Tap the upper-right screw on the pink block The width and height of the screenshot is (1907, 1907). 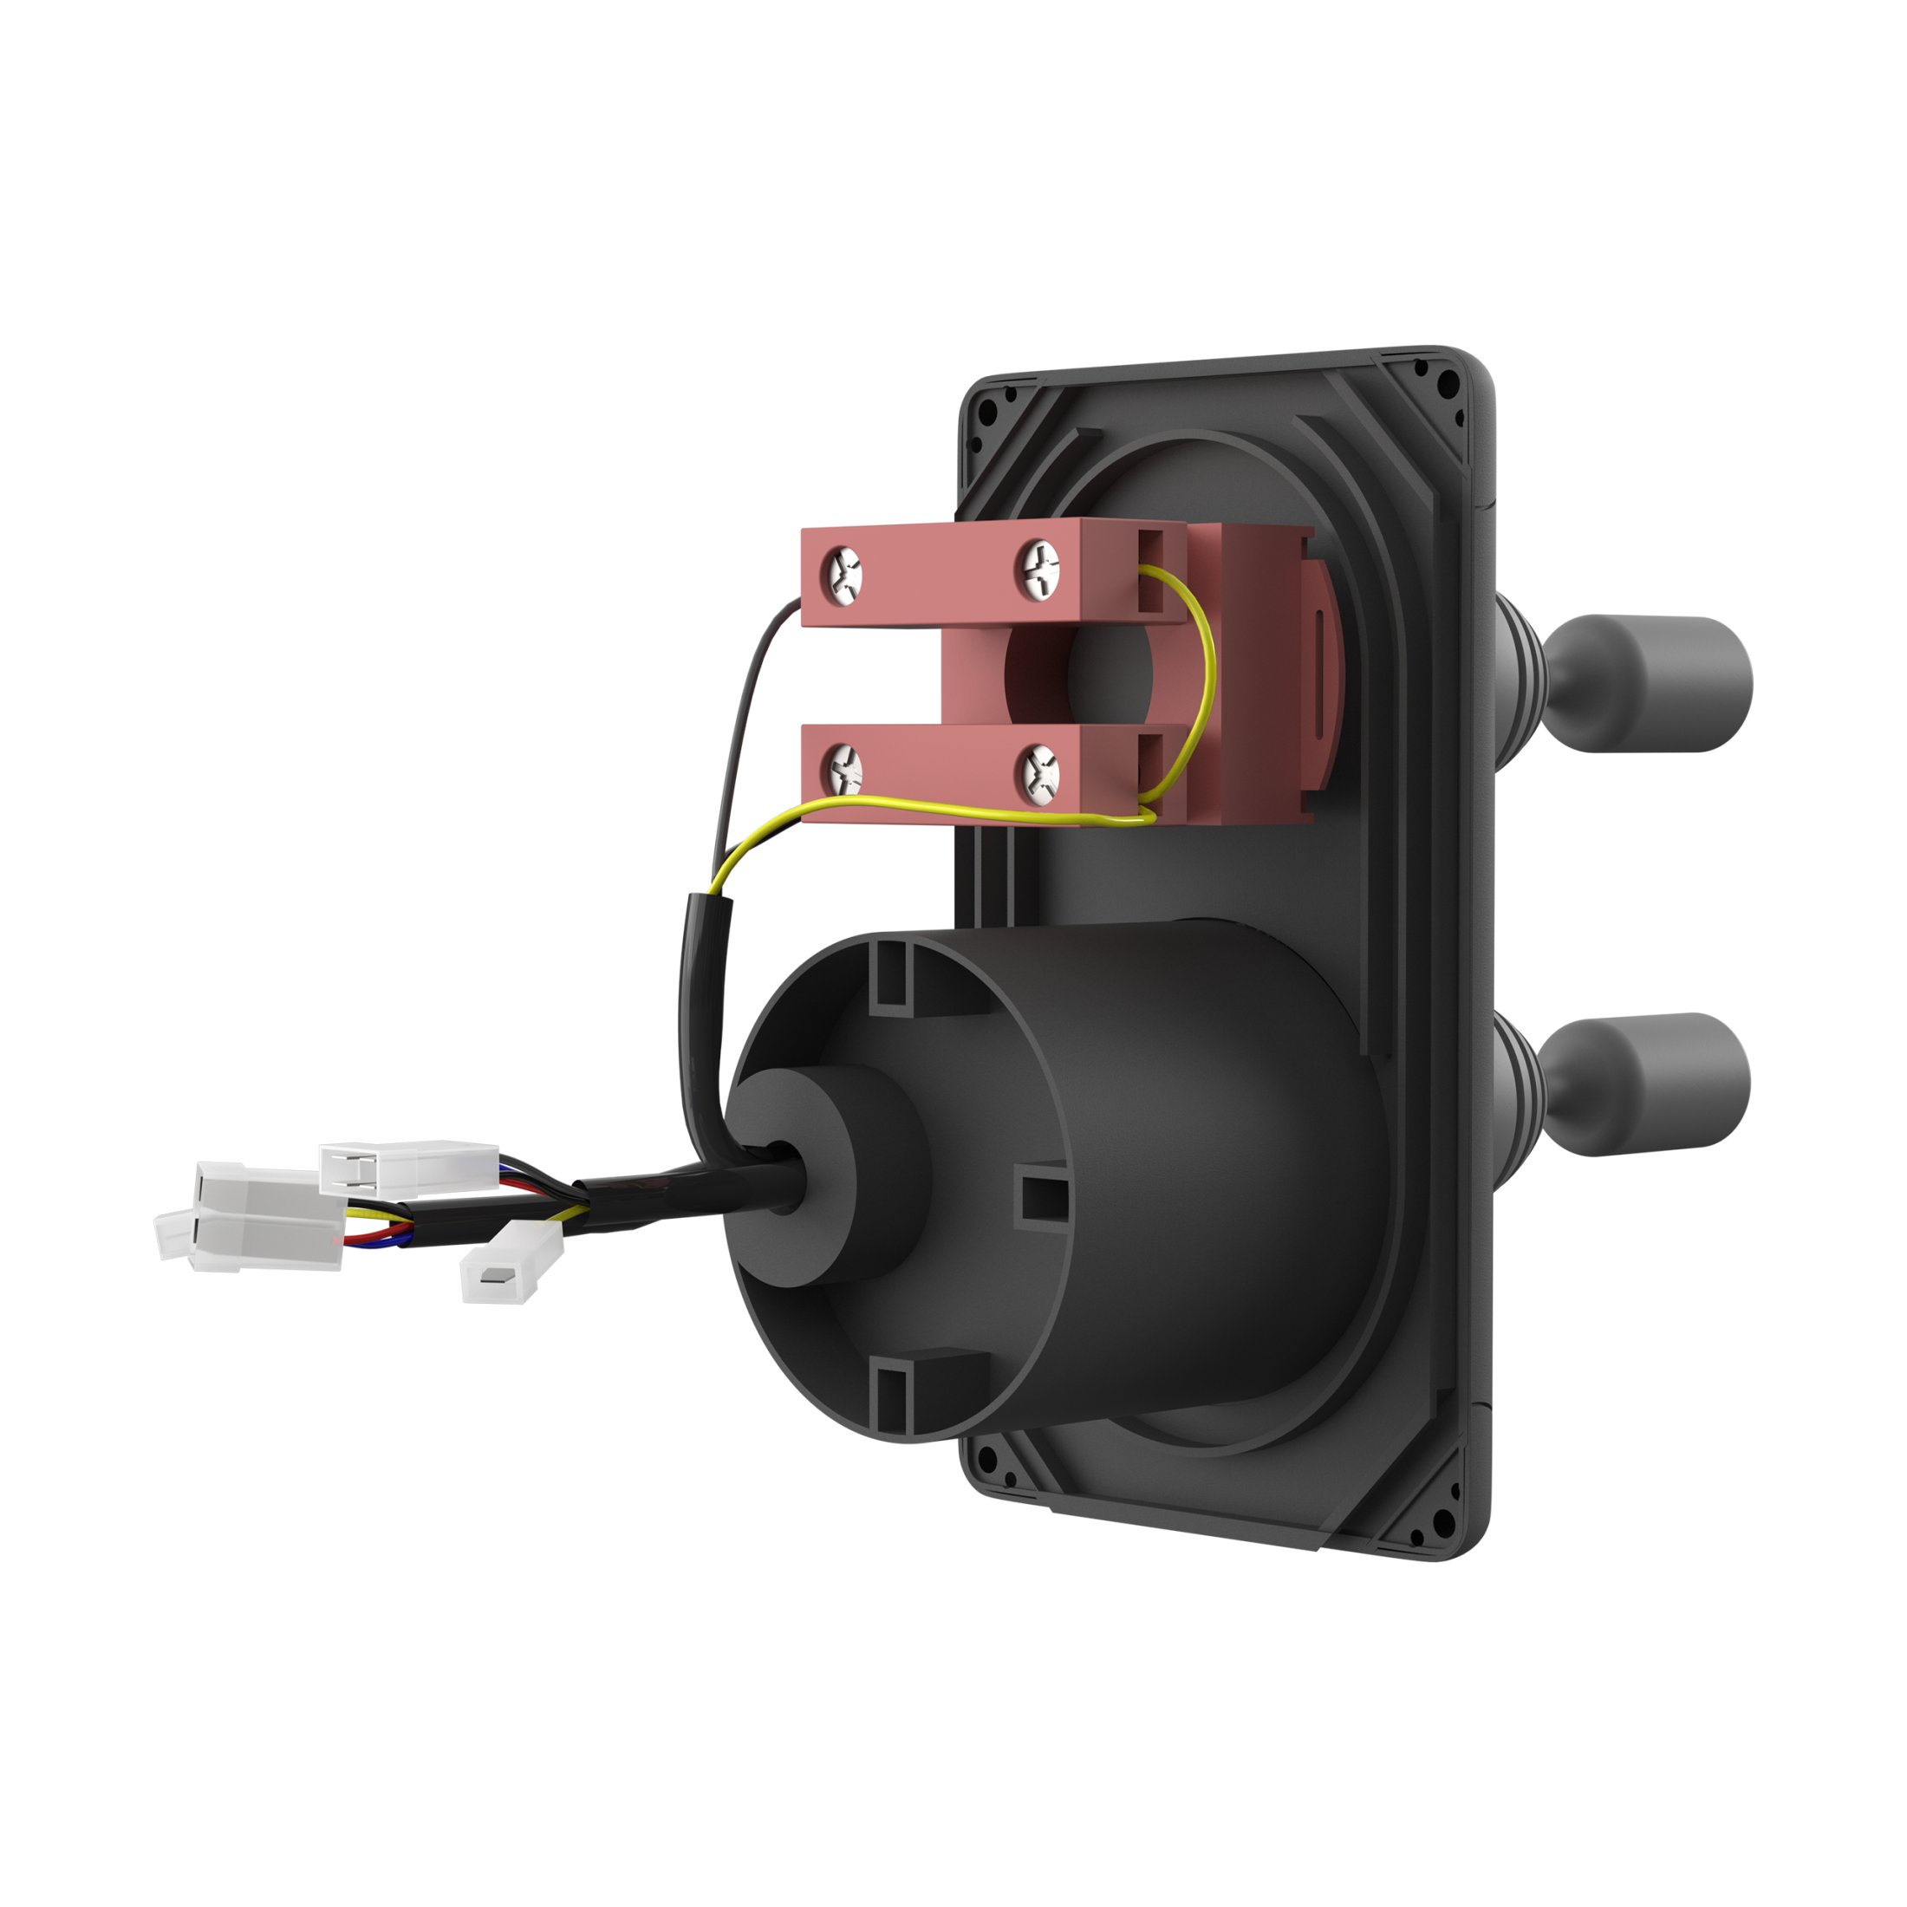(1040, 569)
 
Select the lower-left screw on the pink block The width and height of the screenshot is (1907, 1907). (845, 768)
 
